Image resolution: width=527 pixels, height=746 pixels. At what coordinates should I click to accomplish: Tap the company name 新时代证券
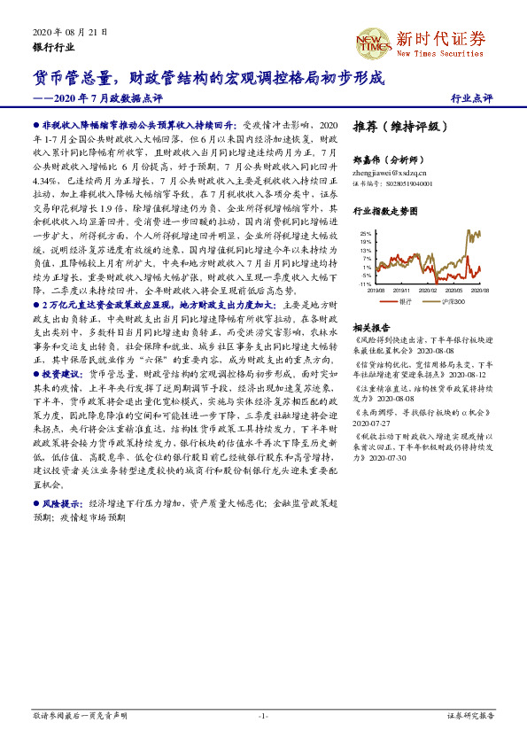click(x=441, y=38)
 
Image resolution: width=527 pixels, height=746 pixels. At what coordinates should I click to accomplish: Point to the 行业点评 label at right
click(x=471, y=98)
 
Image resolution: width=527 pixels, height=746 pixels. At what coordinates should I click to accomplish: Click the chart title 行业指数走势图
click(x=385, y=213)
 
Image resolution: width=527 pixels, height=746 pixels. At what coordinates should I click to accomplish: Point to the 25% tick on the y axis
click(x=366, y=233)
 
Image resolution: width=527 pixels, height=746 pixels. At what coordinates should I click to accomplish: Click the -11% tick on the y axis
click(x=366, y=284)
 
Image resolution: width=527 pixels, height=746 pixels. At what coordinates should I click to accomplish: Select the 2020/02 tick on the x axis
click(x=427, y=290)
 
